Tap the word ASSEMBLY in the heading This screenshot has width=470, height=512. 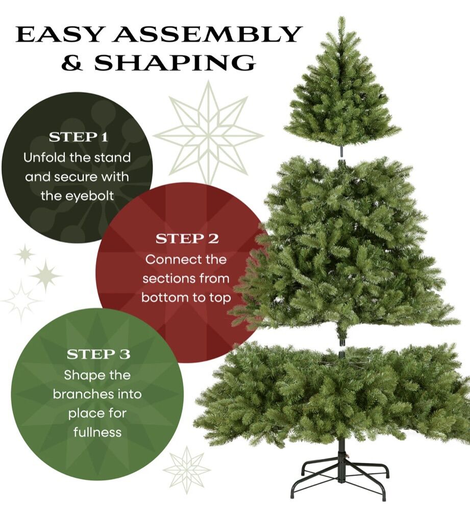[x=206, y=34]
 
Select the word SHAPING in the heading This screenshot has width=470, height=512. [x=175, y=62]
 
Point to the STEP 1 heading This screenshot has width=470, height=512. [x=79, y=137]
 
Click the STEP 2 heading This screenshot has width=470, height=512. [x=187, y=239]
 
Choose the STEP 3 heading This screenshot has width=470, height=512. [x=98, y=354]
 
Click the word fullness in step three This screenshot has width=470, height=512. [x=97, y=432]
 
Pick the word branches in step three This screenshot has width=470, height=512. [x=83, y=395]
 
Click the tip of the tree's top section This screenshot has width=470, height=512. [x=342, y=18]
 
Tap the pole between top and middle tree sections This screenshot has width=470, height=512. [x=341, y=151]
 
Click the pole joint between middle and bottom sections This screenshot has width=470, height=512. [x=341, y=348]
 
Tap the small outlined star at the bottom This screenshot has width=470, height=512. [x=186, y=470]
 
